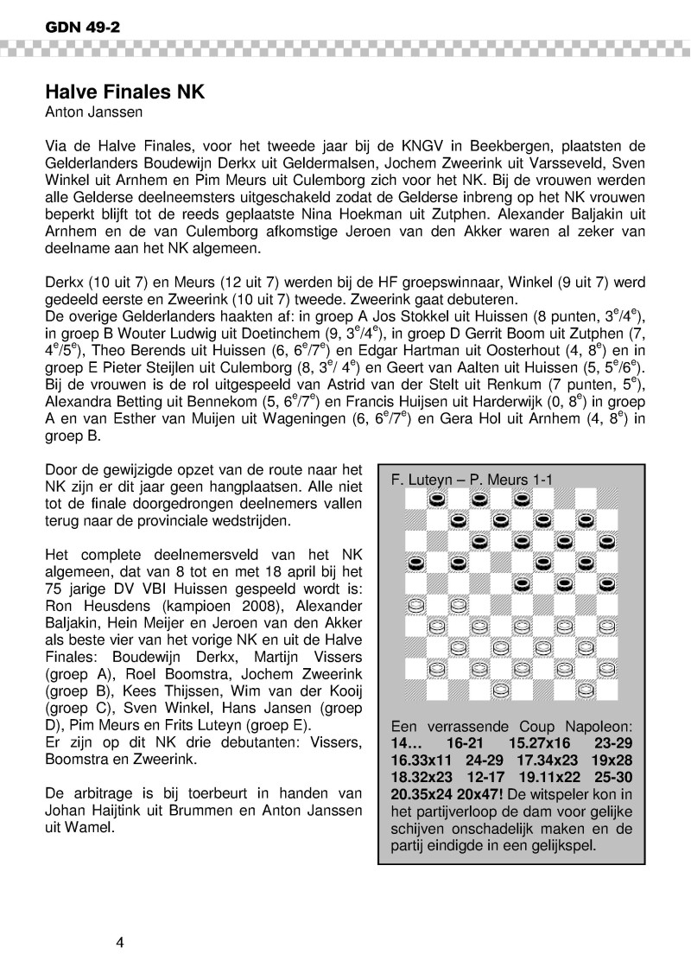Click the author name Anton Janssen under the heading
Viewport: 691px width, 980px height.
[89, 111]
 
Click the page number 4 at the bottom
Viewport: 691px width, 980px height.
[121, 942]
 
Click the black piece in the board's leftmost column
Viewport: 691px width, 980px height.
[415, 563]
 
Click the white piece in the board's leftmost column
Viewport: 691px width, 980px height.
[415, 604]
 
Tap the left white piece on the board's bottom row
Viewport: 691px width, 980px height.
[499, 690]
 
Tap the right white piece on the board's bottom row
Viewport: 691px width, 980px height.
[584, 690]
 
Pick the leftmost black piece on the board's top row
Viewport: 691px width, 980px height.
[437, 499]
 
